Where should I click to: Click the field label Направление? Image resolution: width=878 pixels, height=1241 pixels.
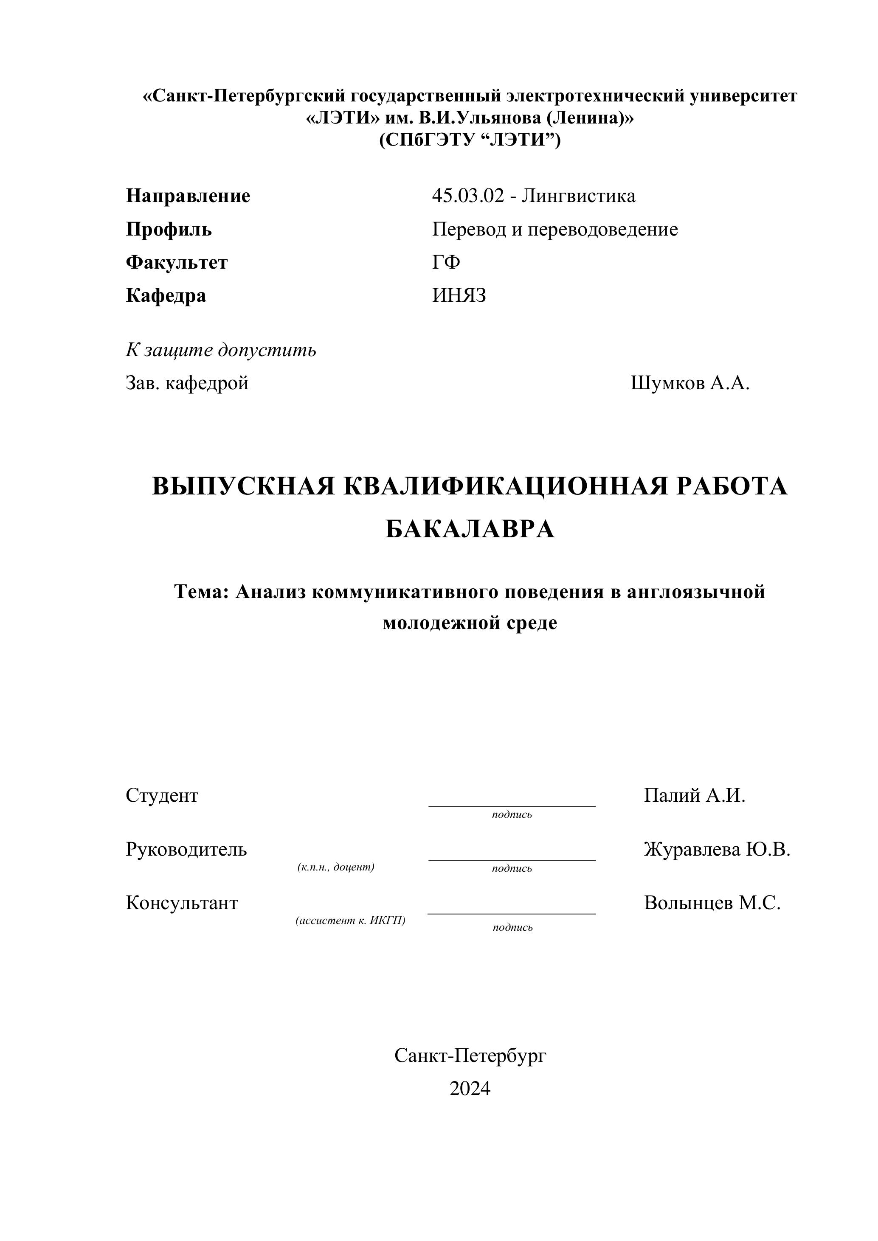(188, 196)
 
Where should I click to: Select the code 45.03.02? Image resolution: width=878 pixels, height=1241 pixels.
(467, 196)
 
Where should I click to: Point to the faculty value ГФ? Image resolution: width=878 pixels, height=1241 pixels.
(446, 263)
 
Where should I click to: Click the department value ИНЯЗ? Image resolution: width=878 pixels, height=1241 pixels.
(459, 296)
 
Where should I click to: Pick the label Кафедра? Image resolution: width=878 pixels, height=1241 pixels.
(166, 296)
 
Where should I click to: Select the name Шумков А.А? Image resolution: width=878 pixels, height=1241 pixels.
(690, 383)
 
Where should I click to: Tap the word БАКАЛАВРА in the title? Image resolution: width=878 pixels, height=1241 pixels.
(470, 530)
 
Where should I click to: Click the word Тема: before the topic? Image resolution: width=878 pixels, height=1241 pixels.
(202, 592)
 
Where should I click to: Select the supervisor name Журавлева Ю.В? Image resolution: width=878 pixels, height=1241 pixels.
(717, 850)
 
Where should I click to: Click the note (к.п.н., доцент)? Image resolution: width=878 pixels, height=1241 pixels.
(336, 867)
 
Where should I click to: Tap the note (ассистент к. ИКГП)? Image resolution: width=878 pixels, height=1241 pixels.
(350, 920)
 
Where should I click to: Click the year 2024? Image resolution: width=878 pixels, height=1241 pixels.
(470, 1089)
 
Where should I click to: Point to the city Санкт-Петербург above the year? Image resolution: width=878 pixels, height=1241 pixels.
(470, 1056)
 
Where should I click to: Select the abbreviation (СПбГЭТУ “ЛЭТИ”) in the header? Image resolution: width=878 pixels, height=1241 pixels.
(470, 140)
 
